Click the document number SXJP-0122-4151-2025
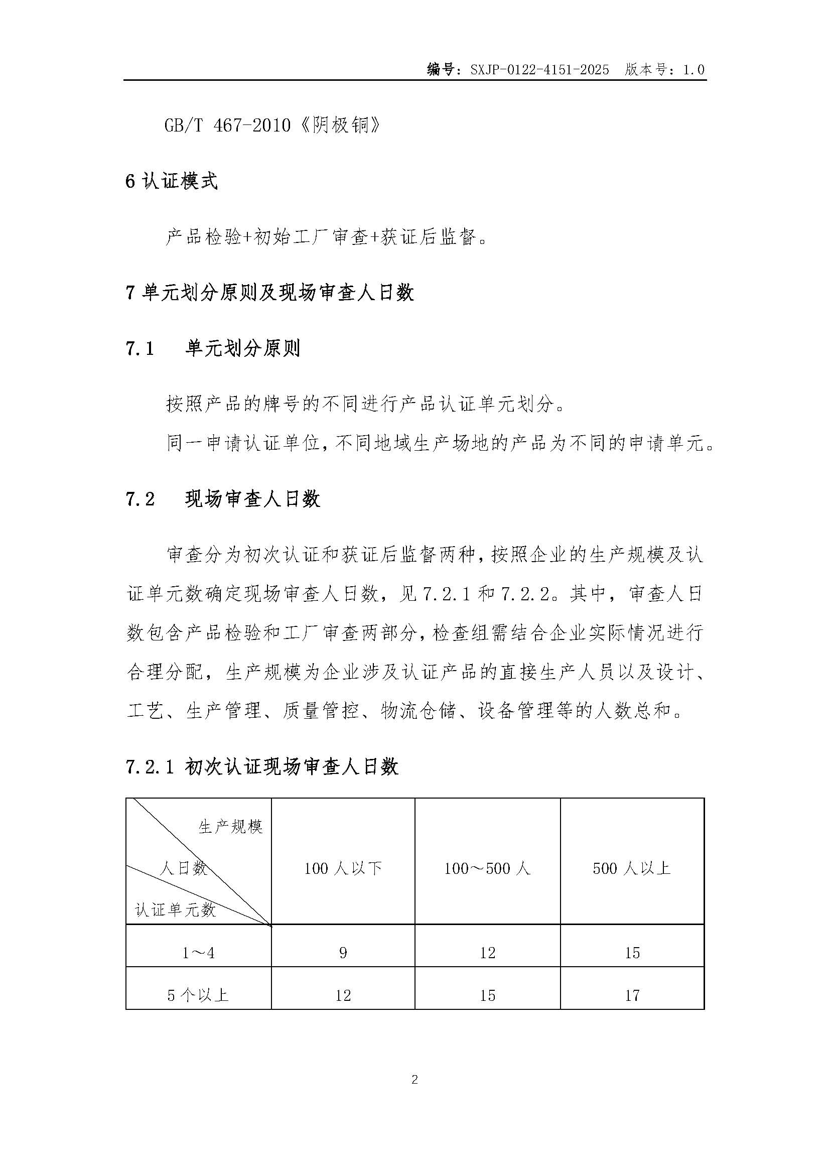[540, 70]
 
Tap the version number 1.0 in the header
[694, 70]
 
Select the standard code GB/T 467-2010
[227, 125]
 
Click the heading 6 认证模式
[172, 182]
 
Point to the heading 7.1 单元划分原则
[213, 349]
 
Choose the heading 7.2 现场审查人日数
[223, 499]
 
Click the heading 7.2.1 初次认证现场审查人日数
[261, 767]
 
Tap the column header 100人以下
[343, 868]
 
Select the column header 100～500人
[487, 868]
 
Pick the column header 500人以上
[632, 868]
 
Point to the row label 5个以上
[198, 995]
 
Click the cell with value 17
[632, 995]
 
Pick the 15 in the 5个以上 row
[488, 995]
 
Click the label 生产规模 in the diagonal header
[230, 827]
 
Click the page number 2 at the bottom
[414, 1080]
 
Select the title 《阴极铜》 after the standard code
[339, 125]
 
